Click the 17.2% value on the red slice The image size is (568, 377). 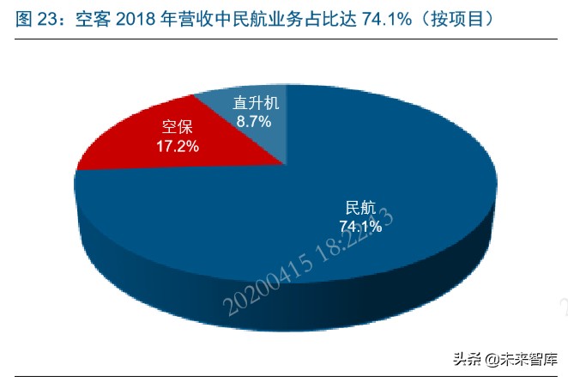click(178, 147)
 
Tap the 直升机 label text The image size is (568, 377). click(256, 103)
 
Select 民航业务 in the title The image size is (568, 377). click(288, 18)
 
